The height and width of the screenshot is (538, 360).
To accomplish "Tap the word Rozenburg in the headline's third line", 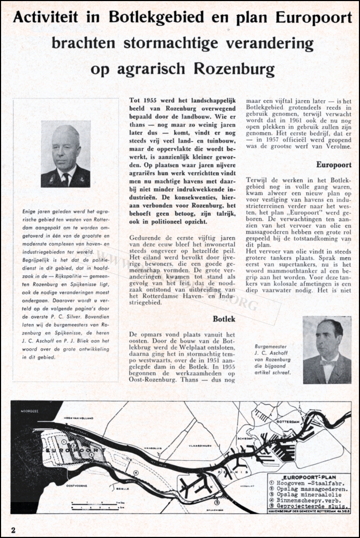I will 232,69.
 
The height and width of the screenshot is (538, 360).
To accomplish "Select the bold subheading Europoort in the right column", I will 334,166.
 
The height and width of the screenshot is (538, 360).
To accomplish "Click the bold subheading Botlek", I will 224,319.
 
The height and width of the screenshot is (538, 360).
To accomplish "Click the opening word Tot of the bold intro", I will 134,100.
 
